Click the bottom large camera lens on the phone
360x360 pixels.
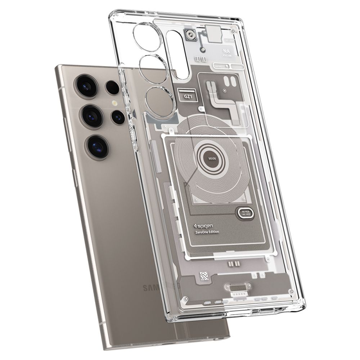coord(95,145)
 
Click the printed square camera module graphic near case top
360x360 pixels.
coord(190,35)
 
